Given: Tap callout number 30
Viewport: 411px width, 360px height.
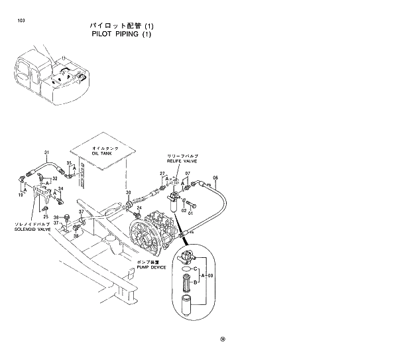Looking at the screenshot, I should click(x=129, y=193).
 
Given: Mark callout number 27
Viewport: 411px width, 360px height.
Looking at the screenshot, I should click(x=161, y=174).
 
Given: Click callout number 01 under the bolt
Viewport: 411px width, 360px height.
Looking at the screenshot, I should click(x=191, y=213).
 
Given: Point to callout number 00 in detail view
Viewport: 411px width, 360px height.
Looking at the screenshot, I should click(x=210, y=275).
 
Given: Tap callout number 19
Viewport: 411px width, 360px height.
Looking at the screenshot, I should click(x=21, y=195).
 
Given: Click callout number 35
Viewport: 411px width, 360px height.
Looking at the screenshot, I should click(x=69, y=163).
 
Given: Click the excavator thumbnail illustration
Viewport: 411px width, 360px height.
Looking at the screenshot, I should click(x=50, y=76).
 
